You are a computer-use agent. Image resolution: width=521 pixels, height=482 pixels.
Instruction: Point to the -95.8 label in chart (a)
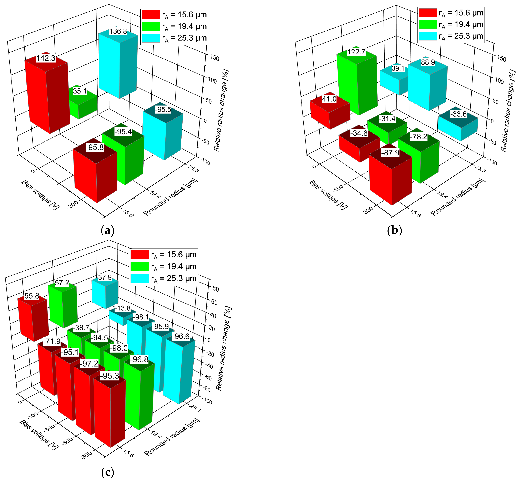pyautogui.click(x=95, y=147)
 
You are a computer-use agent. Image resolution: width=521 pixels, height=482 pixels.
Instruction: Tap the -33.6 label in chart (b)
pyautogui.click(x=459, y=114)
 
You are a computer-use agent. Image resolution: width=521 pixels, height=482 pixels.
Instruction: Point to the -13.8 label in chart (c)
pyautogui.click(x=122, y=308)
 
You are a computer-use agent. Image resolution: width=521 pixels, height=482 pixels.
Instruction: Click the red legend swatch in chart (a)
pyautogui.click(x=151, y=15)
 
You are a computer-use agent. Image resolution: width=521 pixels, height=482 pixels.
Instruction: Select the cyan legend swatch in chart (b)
pyautogui.click(x=428, y=36)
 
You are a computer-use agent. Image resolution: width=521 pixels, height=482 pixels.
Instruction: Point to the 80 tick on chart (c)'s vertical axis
pyautogui.click(x=216, y=289)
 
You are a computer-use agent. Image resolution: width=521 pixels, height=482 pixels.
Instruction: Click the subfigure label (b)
pyautogui.click(x=394, y=230)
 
